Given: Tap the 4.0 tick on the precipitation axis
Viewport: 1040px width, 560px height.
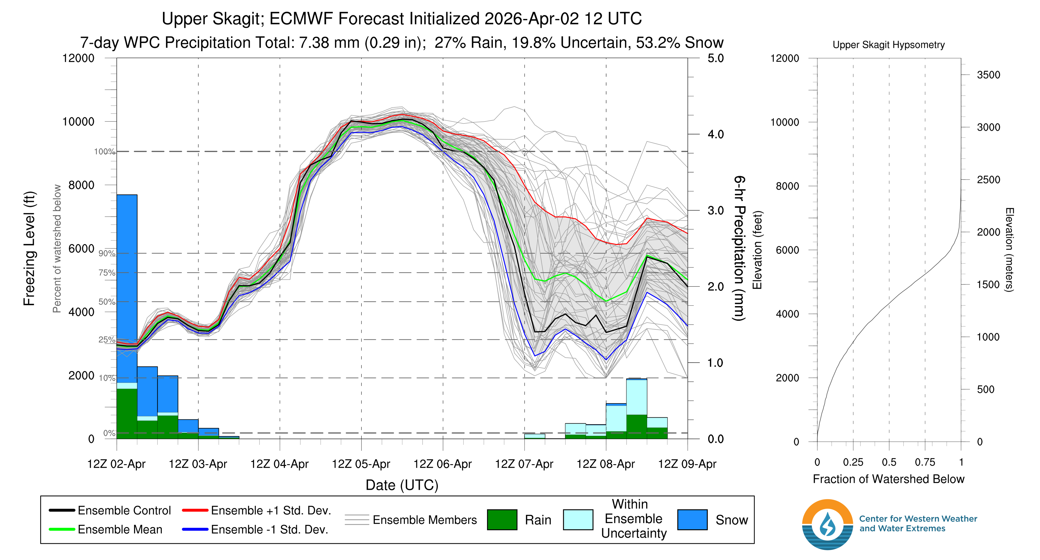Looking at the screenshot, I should [715, 134].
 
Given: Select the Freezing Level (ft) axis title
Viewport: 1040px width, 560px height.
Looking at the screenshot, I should [30, 248].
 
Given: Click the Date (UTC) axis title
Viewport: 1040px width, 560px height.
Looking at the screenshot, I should [402, 485].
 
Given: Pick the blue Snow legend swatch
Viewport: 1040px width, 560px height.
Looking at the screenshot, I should [692, 520].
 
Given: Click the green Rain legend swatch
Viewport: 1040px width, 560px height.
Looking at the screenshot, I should [502, 520].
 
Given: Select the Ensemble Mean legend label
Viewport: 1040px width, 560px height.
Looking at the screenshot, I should [120, 529].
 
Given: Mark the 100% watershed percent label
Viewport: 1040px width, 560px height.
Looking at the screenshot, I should [104, 152].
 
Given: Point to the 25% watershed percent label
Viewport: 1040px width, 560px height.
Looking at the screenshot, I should [107, 340].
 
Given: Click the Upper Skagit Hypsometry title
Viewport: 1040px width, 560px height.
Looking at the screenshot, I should [888, 45].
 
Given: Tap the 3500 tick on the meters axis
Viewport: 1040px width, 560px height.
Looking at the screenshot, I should [988, 75].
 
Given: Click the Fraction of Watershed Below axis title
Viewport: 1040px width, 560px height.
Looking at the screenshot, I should [888, 479].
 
